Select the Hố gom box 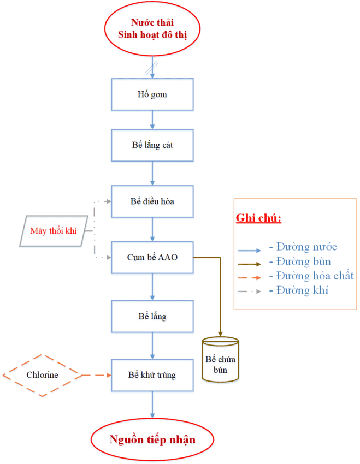coord(152,94)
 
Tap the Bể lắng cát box coord(152,146)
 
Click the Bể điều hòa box coord(152,201)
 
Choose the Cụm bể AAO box coord(152,257)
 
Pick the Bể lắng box coord(152,316)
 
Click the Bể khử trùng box coord(152,375)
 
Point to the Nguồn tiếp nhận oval coord(152,440)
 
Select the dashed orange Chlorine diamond coord(42,375)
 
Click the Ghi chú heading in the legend coord(258,218)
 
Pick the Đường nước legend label coord(306,247)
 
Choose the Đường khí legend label coord(302,290)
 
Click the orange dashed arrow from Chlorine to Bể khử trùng coord(96,375)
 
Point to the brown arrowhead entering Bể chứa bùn coord(220,334)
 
